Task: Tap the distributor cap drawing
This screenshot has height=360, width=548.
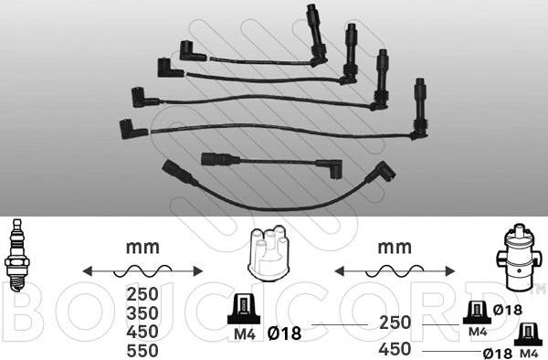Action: pyautogui.click(x=269, y=253)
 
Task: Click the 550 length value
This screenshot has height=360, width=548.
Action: pyautogui.click(x=142, y=351)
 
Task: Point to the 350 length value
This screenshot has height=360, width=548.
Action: pyautogui.click(x=142, y=313)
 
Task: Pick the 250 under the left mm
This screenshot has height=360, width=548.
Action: pyautogui.click(x=142, y=294)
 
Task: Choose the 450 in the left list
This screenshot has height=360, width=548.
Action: pyautogui.click(x=142, y=332)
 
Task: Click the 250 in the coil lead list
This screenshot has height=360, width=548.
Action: pyautogui.click(x=395, y=323)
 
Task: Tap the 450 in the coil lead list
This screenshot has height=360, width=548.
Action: pyautogui.click(x=395, y=349)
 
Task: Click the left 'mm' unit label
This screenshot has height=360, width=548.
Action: pyautogui.click(x=142, y=248)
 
